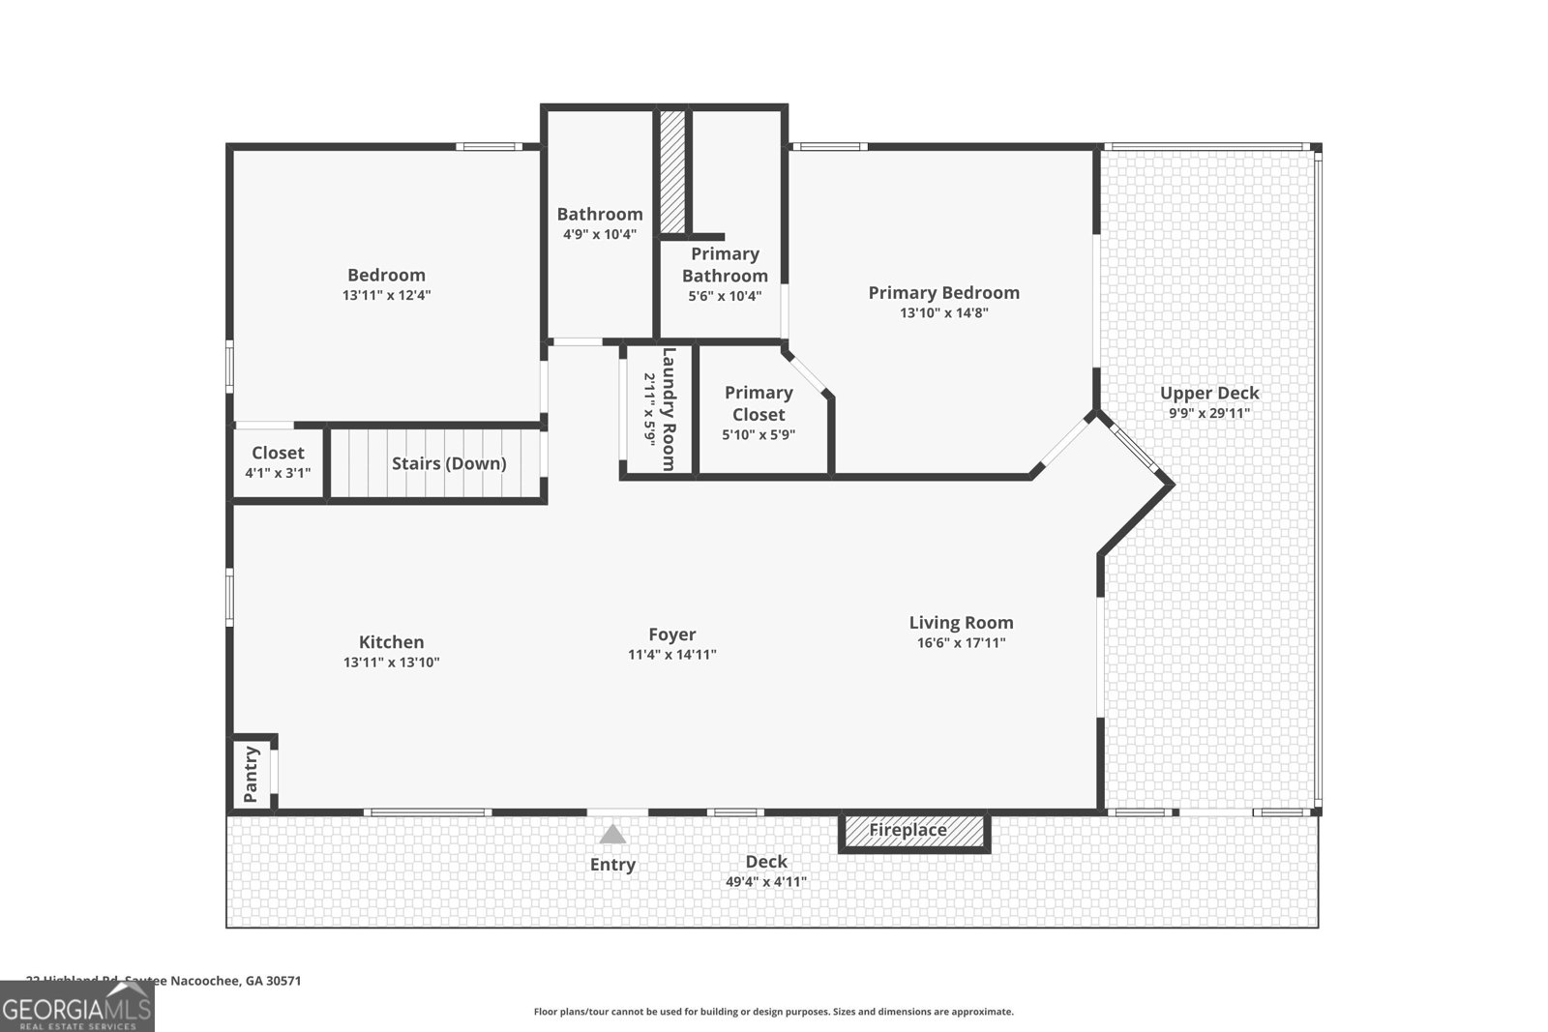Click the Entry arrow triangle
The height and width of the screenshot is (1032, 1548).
tap(612, 834)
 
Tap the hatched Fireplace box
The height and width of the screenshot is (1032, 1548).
tap(913, 831)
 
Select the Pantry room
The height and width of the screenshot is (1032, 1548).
tap(252, 774)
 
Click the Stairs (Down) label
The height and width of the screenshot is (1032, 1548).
tap(449, 463)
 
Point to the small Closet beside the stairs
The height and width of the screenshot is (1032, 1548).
tap(278, 462)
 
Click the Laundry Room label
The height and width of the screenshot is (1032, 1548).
tap(668, 408)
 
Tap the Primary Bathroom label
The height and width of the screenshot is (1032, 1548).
tap(725, 264)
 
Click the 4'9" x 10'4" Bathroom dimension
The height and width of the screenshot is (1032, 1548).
tap(600, 234)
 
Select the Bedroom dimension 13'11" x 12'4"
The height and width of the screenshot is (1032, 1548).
tap(386, 295)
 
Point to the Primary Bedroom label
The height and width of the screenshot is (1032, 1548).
tap(943, 292)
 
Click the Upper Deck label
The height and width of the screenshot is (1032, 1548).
tap(1209, 393)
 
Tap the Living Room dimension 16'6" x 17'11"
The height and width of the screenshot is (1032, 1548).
tap(961, 642)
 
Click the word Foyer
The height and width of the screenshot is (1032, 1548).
tap(671, 634)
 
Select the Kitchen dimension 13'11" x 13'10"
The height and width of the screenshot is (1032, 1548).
tap(391, 663)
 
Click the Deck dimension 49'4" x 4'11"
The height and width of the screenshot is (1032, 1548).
tap(765, 882)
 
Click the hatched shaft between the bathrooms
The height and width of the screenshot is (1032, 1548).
tap(672, 171)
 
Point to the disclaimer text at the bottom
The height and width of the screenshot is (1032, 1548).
tap(773, 1012)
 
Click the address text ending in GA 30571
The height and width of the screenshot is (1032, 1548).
tap(164, 980)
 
